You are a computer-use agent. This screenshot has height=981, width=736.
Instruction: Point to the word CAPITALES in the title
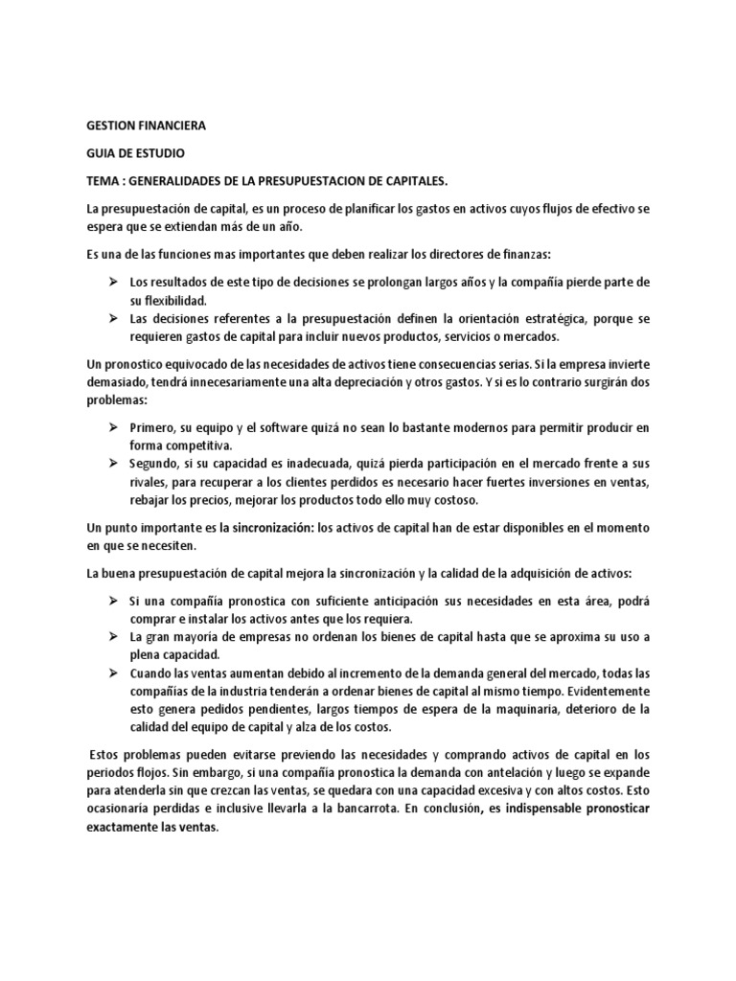tap(489, 180)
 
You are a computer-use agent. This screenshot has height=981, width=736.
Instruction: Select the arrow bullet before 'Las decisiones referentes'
tap(111, 318)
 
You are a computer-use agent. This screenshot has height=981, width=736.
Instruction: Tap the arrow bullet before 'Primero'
tap(111, 425)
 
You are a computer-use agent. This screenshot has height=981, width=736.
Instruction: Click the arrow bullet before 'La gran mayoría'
tap(111, 637)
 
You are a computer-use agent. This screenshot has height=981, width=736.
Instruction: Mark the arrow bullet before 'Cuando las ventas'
tap(111, 673)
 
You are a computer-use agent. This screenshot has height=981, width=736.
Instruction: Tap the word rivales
tap(149, 482)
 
